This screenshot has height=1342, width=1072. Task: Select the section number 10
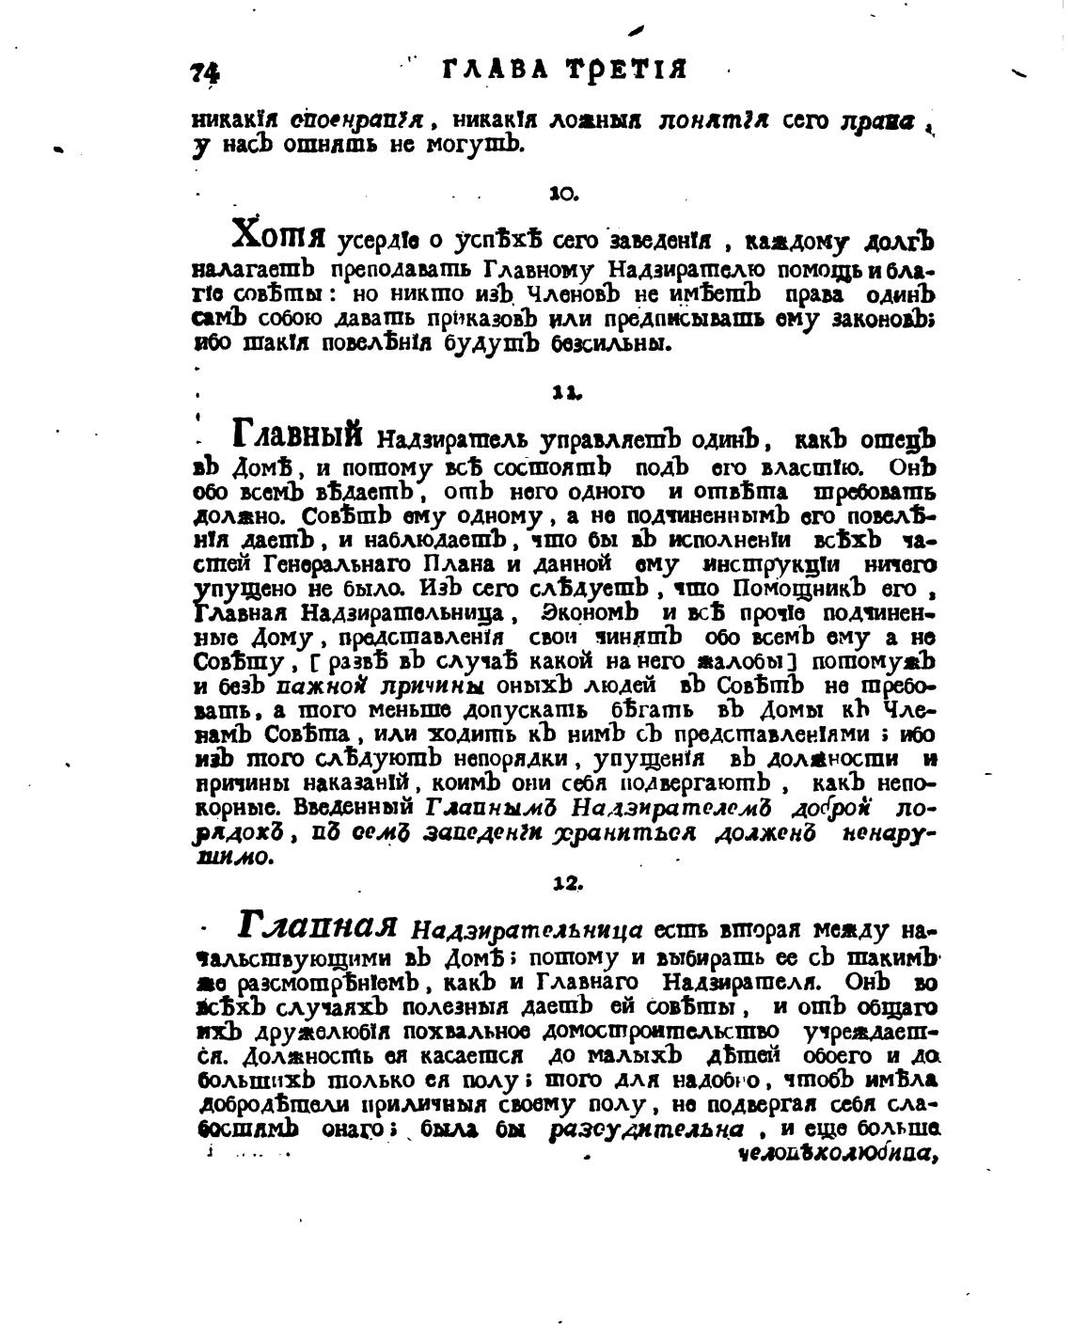coord(562,194)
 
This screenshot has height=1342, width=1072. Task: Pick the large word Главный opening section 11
coord(297,434)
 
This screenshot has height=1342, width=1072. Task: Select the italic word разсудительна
coord(648,1129)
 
